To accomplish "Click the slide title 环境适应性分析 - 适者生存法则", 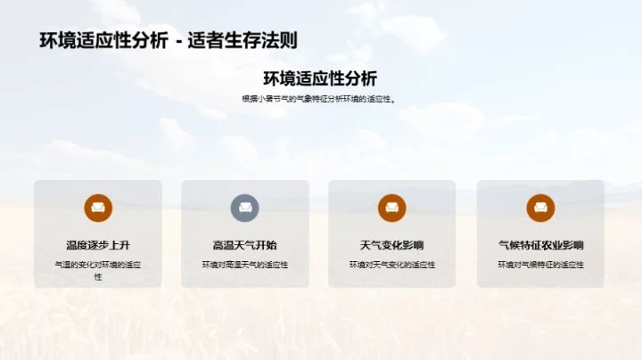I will pos(169,40).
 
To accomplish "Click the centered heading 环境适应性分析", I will pos(320,78).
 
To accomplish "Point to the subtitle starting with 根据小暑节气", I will pos(320,99).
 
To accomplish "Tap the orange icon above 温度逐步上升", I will pos(98,208).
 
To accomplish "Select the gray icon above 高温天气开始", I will pos(245,208).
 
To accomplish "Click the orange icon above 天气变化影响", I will pos(392,208).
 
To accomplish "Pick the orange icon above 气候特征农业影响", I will pos(540,208).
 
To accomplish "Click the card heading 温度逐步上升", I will pos(98,245).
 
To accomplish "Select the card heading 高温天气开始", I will pos(245,245).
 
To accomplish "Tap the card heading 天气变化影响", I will pos(392,245).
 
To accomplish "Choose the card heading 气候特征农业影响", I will pos(540,245).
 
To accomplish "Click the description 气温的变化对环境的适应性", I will pos(98,270).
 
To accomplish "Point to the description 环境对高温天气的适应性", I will pos(245,265).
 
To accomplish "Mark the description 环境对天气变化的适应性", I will pos(392,265).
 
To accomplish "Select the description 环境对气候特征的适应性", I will pos(540,265).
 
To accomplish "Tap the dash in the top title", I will pos(178,41).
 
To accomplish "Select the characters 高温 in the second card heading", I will pos(223,245).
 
